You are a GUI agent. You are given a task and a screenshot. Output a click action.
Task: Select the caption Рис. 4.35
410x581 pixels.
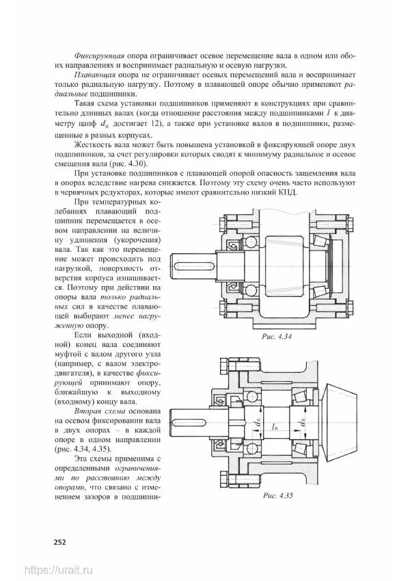277,496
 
